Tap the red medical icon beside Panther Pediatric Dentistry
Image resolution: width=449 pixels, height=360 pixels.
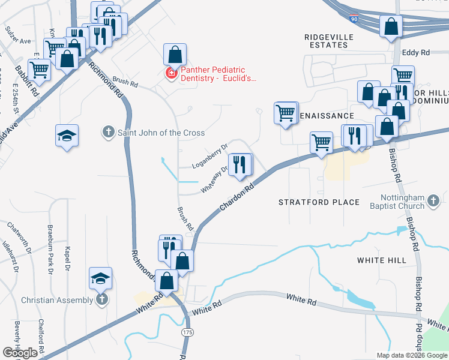pyautogui.click(x=171, y=74)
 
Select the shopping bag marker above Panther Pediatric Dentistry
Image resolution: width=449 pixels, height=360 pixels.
pyautogui.click(x=174, y=55)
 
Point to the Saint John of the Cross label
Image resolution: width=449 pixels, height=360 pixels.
pyautogui.click(x=161, y=133)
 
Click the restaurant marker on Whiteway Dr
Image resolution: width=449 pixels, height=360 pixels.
pyautogui.click(x=241, y=164)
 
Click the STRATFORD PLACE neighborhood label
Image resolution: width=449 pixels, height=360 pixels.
pyautogui.click(x=319, y=202)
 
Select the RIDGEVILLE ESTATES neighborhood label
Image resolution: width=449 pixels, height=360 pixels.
pyautogui.click(x=328, y=41)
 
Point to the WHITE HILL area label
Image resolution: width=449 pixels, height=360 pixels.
pyautogui.click(x=381, y=260)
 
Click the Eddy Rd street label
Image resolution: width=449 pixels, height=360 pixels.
pyautogui.click(x=417, y=53)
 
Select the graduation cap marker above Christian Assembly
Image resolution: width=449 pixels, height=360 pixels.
pyautogui.click(x=101, y=278)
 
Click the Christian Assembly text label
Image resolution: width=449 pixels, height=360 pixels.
pyautogui.click(x=58, y=299)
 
